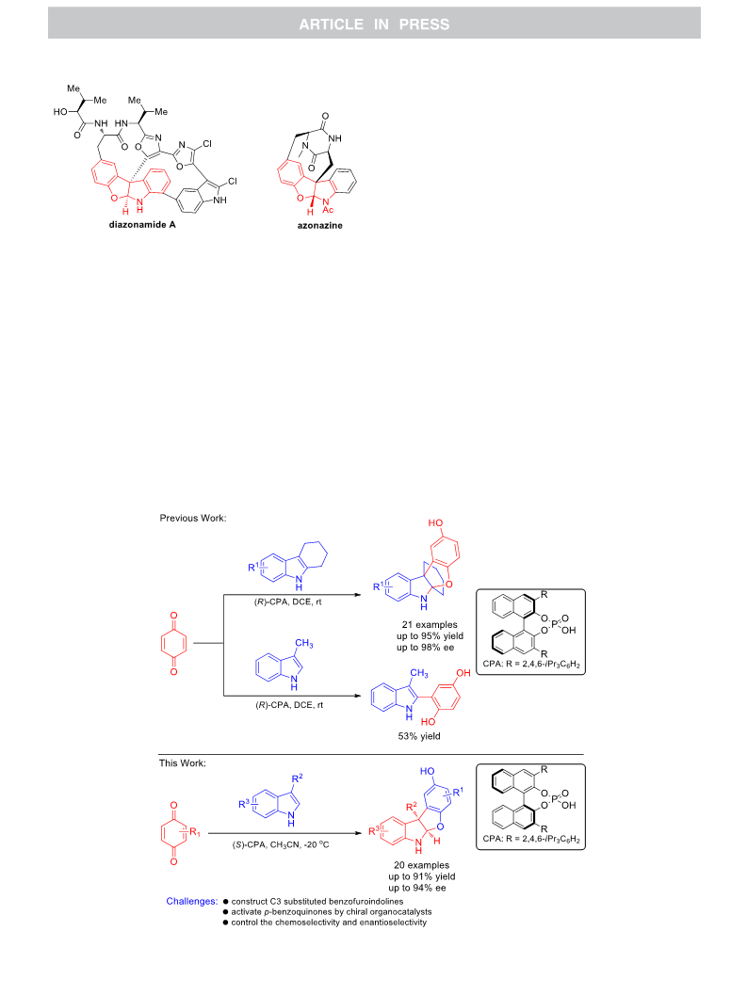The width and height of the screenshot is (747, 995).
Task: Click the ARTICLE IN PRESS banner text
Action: tap(374, 24)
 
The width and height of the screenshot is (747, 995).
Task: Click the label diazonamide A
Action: tap(142, 225)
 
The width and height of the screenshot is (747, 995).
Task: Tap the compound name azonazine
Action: tap(319, 225)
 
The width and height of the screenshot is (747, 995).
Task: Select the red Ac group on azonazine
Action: tap(328, 209)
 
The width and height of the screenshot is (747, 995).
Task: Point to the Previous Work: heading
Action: tap(193, 518)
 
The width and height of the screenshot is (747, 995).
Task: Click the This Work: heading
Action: tap(183, 762)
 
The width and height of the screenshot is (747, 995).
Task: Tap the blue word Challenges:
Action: tap(192, 901)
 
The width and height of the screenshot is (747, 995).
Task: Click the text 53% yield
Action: tap(419, 736)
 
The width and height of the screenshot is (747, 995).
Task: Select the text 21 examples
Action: tap(430, 624)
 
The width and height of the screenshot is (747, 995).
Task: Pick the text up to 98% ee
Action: tap(426, 648)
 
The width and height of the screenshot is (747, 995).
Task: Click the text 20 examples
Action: tap(421, 865)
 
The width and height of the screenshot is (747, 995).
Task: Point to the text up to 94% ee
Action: tap(417, 888)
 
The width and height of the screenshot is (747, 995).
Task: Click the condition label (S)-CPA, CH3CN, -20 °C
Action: tap(280, 844)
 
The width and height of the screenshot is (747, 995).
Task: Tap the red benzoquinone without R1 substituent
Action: tap(173, 644)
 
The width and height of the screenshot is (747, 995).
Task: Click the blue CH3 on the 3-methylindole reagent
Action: tap(303, 644)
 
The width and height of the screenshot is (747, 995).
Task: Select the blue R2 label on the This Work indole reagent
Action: tap(298, 778)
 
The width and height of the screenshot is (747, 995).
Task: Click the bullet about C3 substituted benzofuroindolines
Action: tap(313, 901)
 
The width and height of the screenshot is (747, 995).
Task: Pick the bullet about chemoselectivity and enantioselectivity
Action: tap(325, 922)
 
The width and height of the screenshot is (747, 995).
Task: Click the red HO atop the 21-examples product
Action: tap(435, 522)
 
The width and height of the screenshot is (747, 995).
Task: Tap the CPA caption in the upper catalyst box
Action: tap(531, 665)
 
